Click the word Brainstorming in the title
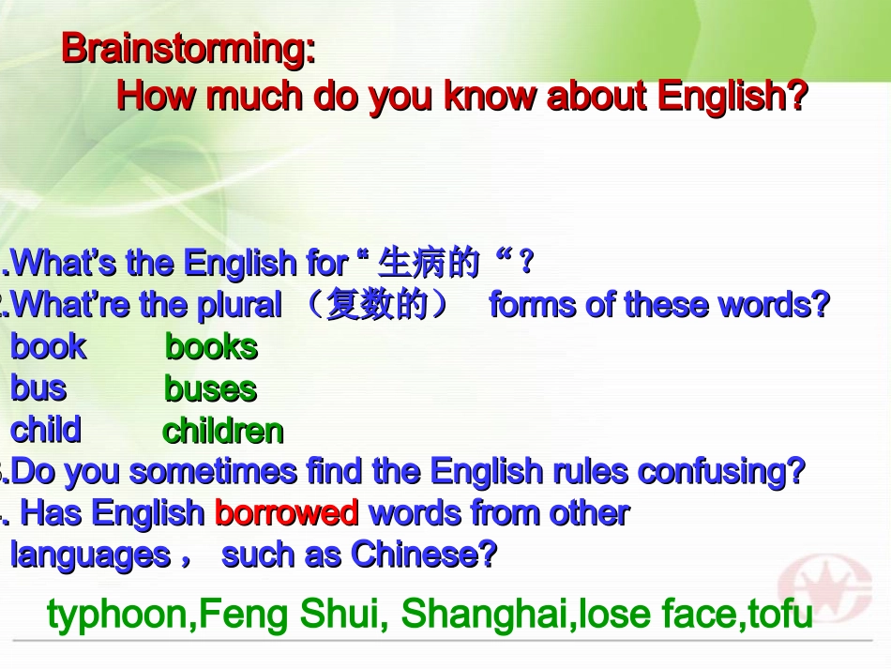click(x=188, y=49)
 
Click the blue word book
click(x=48, y=347)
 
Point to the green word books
click(x=211, y=347)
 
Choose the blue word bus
click(x=38, y=388)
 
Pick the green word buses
click(x=210, y=389)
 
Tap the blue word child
click(x=46, y=430)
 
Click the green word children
click(x=223, y=432)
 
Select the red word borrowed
click(x=286, y=513)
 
